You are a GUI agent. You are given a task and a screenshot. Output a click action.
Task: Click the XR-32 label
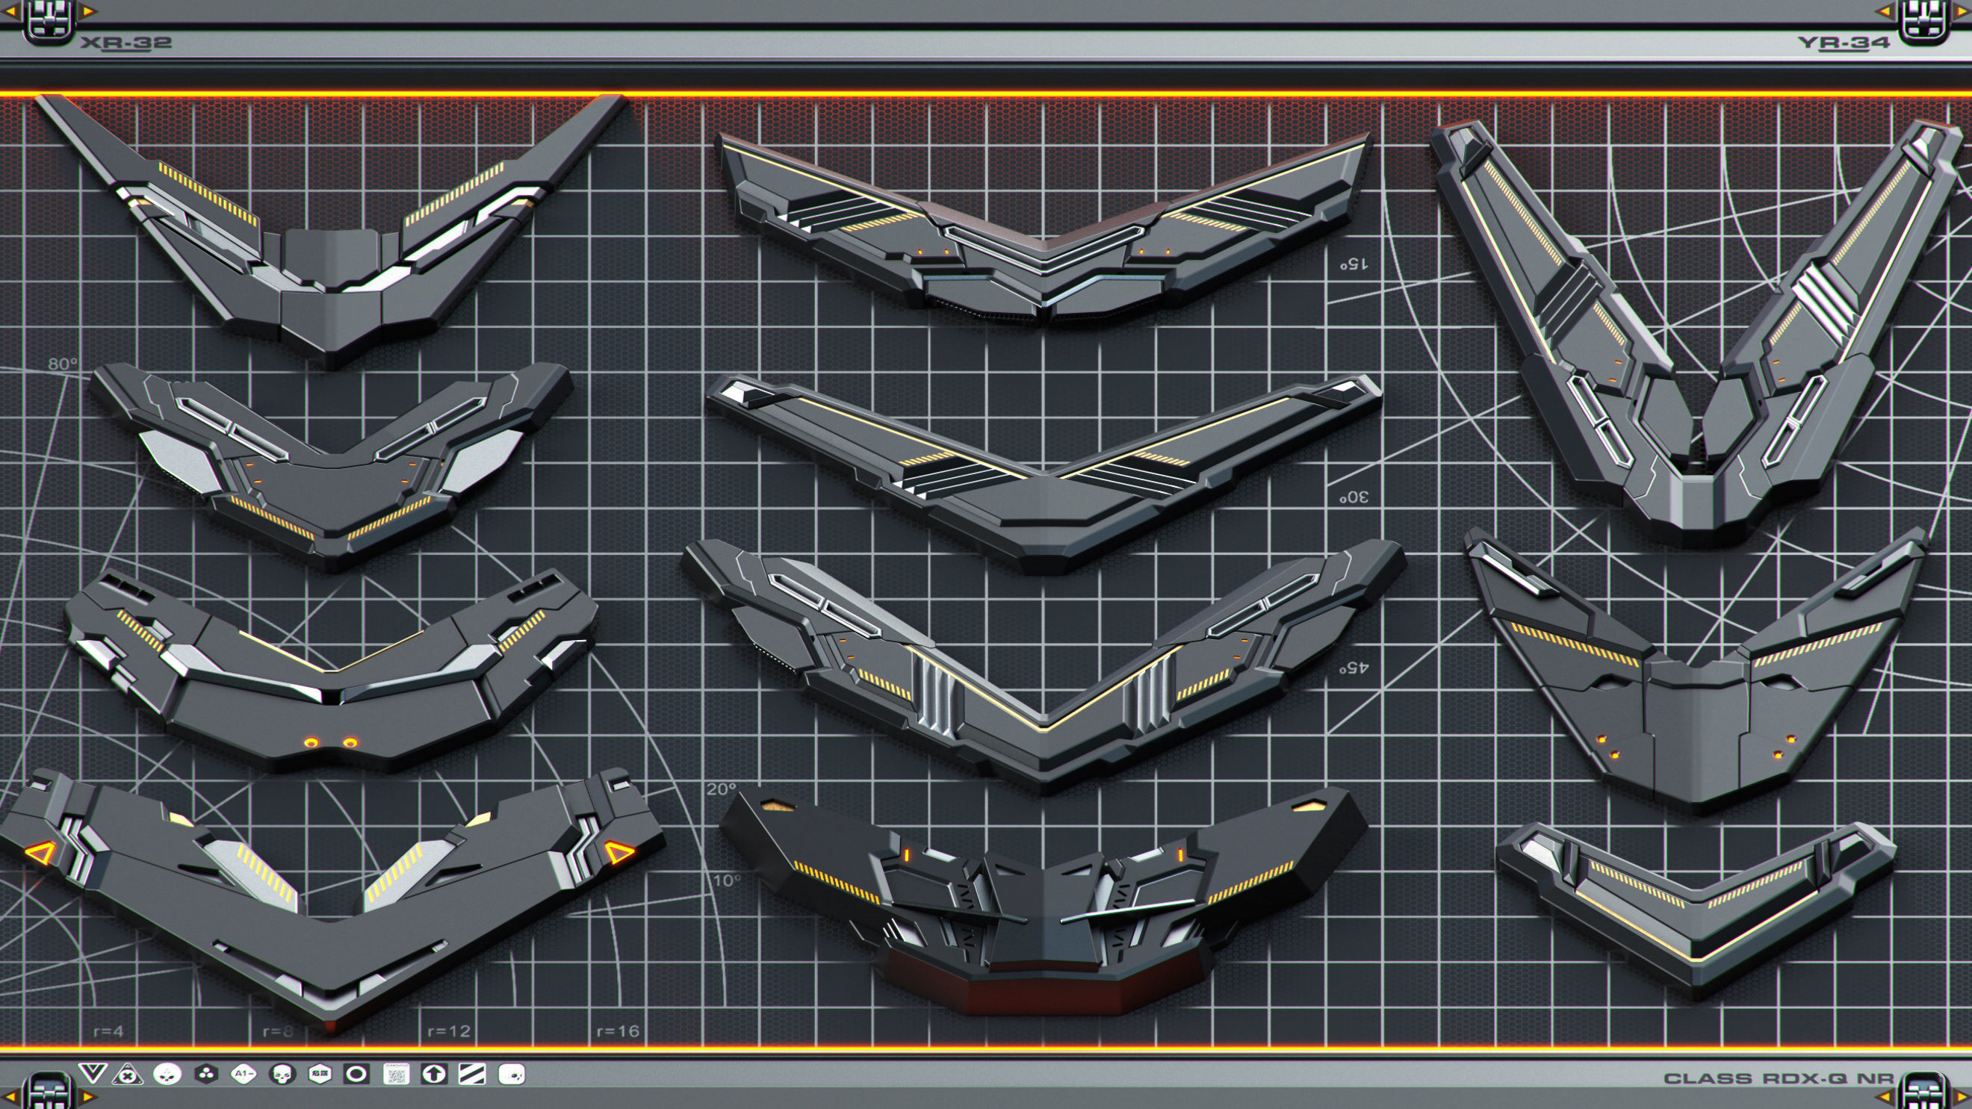point(126,43)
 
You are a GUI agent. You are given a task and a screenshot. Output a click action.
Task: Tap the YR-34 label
point(1844,43)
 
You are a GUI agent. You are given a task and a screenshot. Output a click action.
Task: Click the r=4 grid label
point(108,1031)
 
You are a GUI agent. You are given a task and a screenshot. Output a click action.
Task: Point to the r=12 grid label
point(449,1031)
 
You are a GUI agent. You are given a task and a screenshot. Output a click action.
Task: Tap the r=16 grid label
point(618,1031)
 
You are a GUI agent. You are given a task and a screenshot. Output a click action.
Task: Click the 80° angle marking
point(63,364)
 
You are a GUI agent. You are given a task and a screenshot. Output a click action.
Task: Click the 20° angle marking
point(721,789)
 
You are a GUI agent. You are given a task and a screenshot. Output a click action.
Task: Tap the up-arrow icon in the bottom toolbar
point(434,1075)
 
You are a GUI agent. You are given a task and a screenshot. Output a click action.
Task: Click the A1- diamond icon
point(244,1075)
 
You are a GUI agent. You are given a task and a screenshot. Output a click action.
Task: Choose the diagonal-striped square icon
point(471,1075)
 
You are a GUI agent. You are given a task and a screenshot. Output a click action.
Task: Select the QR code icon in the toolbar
point(396,1075)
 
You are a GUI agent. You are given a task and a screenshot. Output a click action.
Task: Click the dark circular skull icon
point(282,1075)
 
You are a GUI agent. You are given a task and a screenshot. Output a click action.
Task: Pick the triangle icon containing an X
point(128,1075)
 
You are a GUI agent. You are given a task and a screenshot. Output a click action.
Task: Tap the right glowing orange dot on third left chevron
point(350,742)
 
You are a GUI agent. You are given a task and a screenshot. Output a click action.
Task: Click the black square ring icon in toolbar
point(356,1075)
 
